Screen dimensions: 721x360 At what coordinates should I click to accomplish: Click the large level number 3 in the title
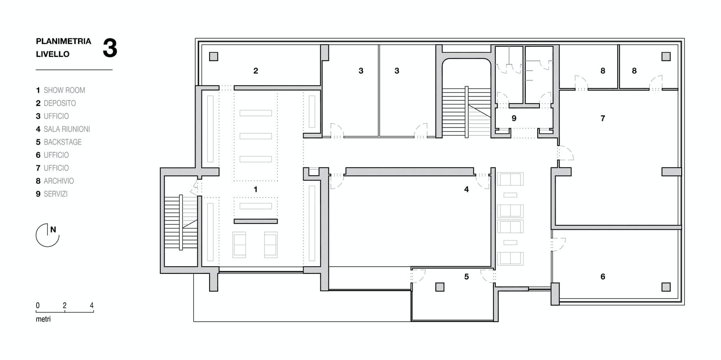[110, 48]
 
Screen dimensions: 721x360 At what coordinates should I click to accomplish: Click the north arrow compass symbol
[48, 235]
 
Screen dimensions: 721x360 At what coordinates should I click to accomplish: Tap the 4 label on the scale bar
[92, 305]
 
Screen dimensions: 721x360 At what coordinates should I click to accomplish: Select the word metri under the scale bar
[43, 319]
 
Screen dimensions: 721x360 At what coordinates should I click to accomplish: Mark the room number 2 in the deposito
[256, 71]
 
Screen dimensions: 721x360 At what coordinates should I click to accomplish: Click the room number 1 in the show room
[256, 190]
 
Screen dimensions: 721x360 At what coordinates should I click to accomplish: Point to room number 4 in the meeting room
[466, 190]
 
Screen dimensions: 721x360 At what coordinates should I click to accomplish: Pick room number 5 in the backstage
[466, 277]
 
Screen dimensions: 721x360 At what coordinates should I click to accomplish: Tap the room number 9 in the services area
[514, 118]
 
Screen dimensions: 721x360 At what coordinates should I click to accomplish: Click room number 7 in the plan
[603, 118]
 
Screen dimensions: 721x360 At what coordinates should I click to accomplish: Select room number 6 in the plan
[603, 277]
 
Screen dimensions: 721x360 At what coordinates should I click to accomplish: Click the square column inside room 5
[440, 287]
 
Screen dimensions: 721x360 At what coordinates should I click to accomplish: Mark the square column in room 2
[214, 57]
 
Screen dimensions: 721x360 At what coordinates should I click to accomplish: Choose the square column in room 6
[666, 287]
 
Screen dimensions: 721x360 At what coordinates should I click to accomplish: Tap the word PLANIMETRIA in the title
[64, 41]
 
